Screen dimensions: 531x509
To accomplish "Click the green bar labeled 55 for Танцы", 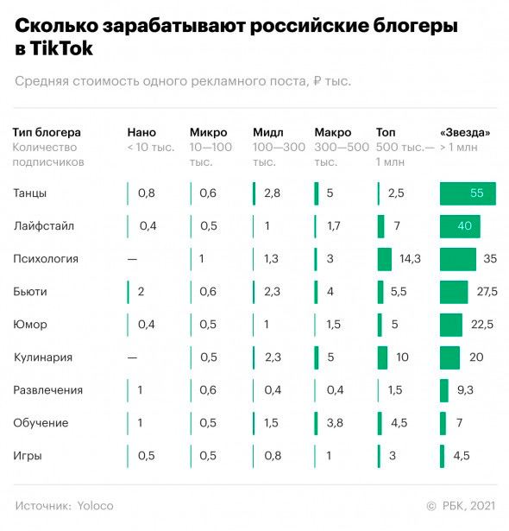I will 468,193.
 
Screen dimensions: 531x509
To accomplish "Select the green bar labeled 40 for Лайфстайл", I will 459,226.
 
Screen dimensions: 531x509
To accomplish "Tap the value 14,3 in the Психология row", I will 410,259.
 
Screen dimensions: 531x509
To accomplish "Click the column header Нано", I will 141,132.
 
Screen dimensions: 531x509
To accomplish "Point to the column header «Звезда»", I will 465,132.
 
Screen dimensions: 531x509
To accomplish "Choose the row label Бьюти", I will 30,292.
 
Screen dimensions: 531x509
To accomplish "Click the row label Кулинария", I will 42,357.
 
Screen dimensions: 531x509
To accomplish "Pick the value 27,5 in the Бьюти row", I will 487,292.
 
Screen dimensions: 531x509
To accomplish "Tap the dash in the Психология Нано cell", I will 132,259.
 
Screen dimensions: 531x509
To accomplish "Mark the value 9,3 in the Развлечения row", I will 465,390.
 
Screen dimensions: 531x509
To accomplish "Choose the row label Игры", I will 28,456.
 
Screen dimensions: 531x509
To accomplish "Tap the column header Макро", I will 333,132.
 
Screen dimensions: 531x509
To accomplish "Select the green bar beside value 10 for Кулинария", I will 383,357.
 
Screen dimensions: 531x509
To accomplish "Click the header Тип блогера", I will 47,132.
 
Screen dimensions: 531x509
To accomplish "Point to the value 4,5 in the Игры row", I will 462,456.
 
